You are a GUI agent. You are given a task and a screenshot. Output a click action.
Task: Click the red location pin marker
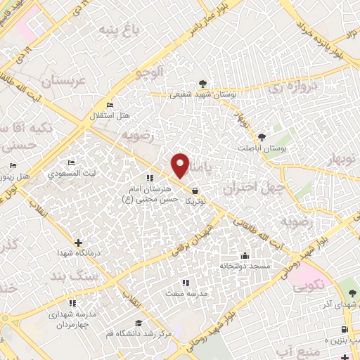coord(181,165)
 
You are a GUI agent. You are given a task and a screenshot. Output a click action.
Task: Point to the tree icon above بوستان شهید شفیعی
coord(202,83)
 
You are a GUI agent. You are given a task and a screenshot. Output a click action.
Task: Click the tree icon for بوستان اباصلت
coord(262,137)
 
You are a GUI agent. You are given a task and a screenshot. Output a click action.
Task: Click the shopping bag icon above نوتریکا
coord(194,190)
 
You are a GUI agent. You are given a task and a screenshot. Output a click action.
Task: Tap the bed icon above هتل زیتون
coord(13,166)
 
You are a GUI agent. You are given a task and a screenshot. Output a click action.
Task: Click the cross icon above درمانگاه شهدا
coord(78,242)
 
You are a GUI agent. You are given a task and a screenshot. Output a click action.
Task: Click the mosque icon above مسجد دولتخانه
coord(244,255)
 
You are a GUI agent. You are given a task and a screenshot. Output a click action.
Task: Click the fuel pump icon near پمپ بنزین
coord(344,330)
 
